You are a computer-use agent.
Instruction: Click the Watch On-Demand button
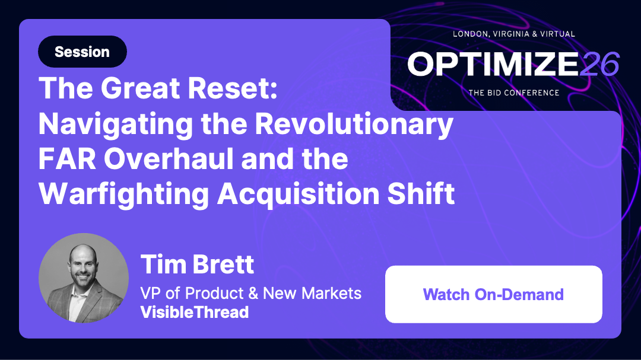click(493, 294)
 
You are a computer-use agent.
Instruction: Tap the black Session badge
click(82, 52)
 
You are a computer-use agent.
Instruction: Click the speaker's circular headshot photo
click(84, 278)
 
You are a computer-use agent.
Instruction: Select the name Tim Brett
click(197, 264)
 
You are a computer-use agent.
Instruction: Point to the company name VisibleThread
click(194, 312)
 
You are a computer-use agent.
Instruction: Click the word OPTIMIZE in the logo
click(492, 64)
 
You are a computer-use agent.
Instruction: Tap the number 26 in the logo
click(599, 64)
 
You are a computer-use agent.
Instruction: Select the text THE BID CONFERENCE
click(513, 93)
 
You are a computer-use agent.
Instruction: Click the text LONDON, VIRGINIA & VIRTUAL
click(513, 34)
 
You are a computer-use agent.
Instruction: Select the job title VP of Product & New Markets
click(250, 293)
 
